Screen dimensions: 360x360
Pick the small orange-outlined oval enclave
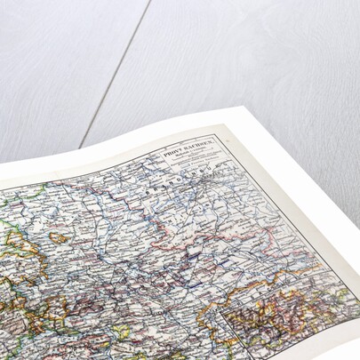(x=59, y=238)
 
